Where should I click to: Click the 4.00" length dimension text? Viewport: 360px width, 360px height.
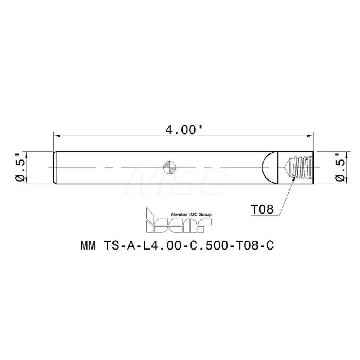point(184,130)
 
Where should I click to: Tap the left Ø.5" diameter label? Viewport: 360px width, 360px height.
point(20,167)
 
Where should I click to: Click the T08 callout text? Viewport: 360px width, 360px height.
point(262,209)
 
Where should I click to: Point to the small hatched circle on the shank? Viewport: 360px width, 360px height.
point(170,167)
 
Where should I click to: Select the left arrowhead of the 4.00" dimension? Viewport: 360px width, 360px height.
point(57,136)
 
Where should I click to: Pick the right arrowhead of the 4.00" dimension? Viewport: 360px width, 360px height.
point(310,136)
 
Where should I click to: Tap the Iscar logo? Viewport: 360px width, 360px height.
point(179,220)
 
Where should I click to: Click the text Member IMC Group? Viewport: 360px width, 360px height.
point(191,215)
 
